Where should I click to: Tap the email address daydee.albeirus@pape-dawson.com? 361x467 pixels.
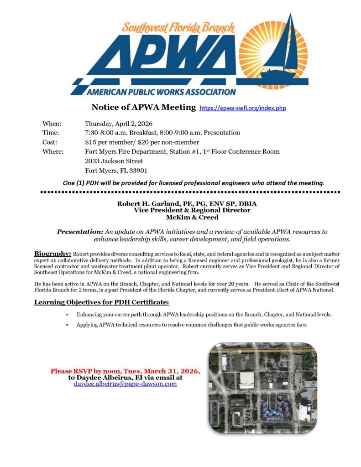pyautogui.click(x=125, y=384)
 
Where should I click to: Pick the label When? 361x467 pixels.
pyautogui.click(x=52, y=124)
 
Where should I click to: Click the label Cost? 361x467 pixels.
pyautogui.click(x=50, y=142)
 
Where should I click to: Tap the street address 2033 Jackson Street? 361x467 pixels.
pyautogui.click(x=114, y=161)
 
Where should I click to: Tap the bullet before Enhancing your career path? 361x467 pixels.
pyautogui.click(x=67, y=315)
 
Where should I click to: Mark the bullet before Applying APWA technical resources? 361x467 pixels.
pyautogui.click(x=67, y=325)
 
